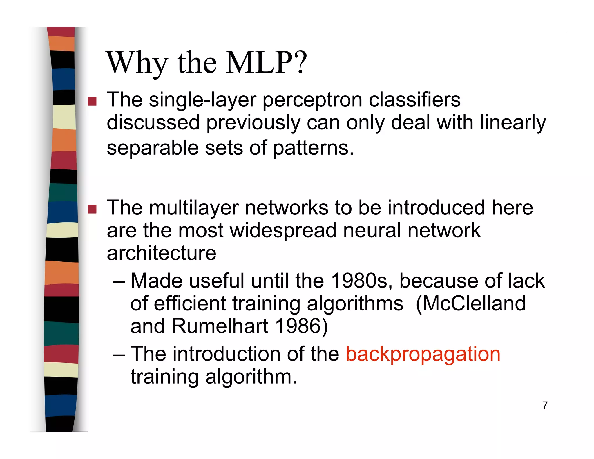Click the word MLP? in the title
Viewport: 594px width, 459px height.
click(266, 63)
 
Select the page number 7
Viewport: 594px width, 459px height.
click(545, 405)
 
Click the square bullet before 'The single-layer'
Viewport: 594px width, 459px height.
click(92, 101)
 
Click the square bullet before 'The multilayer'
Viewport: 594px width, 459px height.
click(92, 209)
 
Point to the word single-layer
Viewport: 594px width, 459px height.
click(203, 100)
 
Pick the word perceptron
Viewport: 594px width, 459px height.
click(312, 100)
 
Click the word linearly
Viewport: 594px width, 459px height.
click(512, 123)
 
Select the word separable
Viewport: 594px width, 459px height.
click(153, 148)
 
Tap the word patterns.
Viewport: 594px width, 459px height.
click(313, 148)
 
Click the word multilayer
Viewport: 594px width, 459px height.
click(194, 208)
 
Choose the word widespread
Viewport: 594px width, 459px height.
click(283, 230)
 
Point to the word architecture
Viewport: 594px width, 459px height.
click(162, 253)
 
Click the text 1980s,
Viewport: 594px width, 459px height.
click(362, 281)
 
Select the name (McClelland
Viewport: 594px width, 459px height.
click(470, 303)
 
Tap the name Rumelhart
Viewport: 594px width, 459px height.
click(220, 326)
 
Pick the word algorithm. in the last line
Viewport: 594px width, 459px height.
click(251, 377)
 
